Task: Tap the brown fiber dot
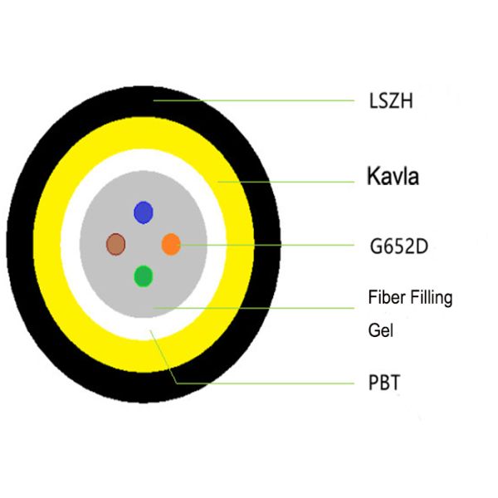(115, 244)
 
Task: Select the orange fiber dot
(170, 244)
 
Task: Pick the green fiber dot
(144, 276)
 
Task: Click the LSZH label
(390, 103)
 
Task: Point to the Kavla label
(393, 176)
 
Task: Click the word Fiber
(385, 297)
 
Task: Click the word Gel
(380, 330)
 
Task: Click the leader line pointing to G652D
(266, 245)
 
